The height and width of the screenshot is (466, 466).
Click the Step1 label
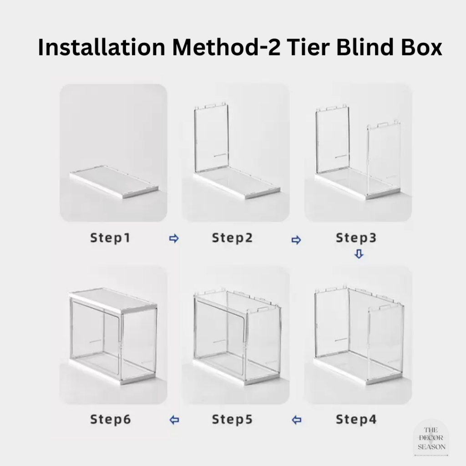coord(110,238)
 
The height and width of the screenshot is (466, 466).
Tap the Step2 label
coord(232,238)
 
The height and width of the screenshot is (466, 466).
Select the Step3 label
coord(356,238)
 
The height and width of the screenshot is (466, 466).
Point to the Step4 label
coord(356,419)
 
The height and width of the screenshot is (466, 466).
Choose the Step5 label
coord(232,419)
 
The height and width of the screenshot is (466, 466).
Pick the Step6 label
coord(110,419)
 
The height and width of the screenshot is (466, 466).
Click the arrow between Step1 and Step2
coord(174,238)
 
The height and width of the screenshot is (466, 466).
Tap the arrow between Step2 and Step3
coord(296,240)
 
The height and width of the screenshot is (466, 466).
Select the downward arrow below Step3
coord(359,254)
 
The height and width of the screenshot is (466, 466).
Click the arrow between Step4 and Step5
coord(297,420)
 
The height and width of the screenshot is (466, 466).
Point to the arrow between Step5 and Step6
coord(174,420)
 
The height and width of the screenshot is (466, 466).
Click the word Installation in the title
coord(101,47)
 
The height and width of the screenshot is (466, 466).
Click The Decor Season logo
coord(431,439)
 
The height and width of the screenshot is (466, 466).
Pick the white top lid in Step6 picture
coord(113,301)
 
